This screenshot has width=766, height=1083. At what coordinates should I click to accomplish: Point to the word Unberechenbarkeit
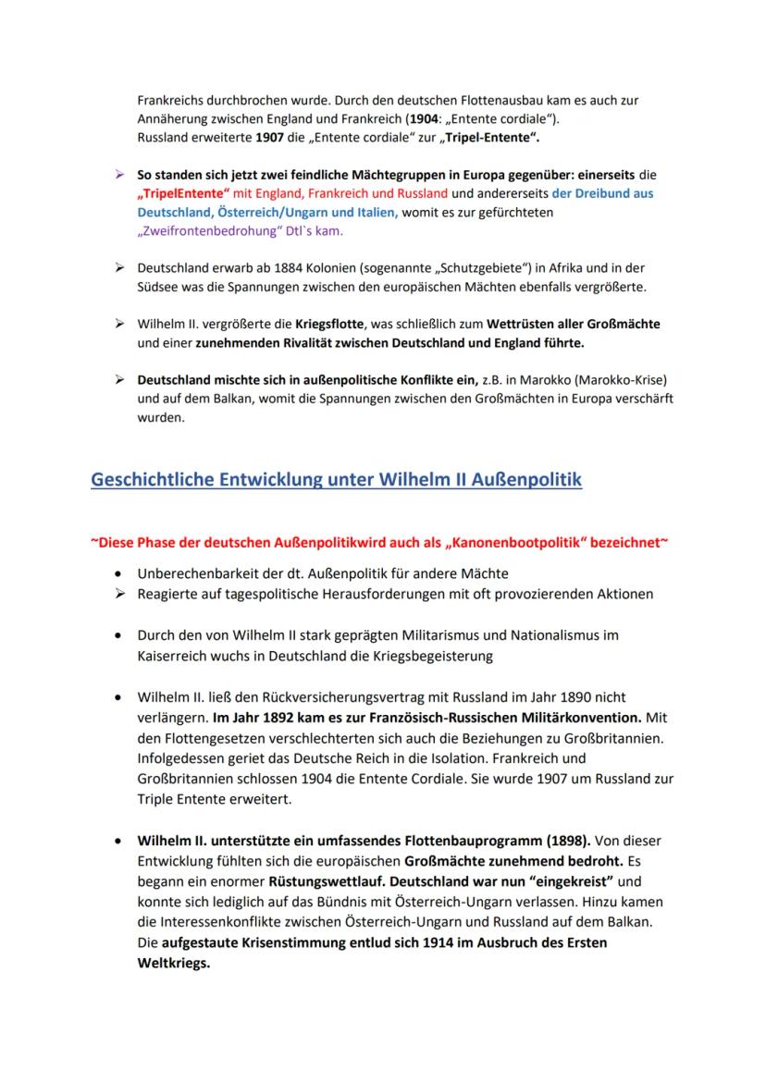pos(203,574)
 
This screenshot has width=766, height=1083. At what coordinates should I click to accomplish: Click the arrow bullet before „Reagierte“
pos(117,594)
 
